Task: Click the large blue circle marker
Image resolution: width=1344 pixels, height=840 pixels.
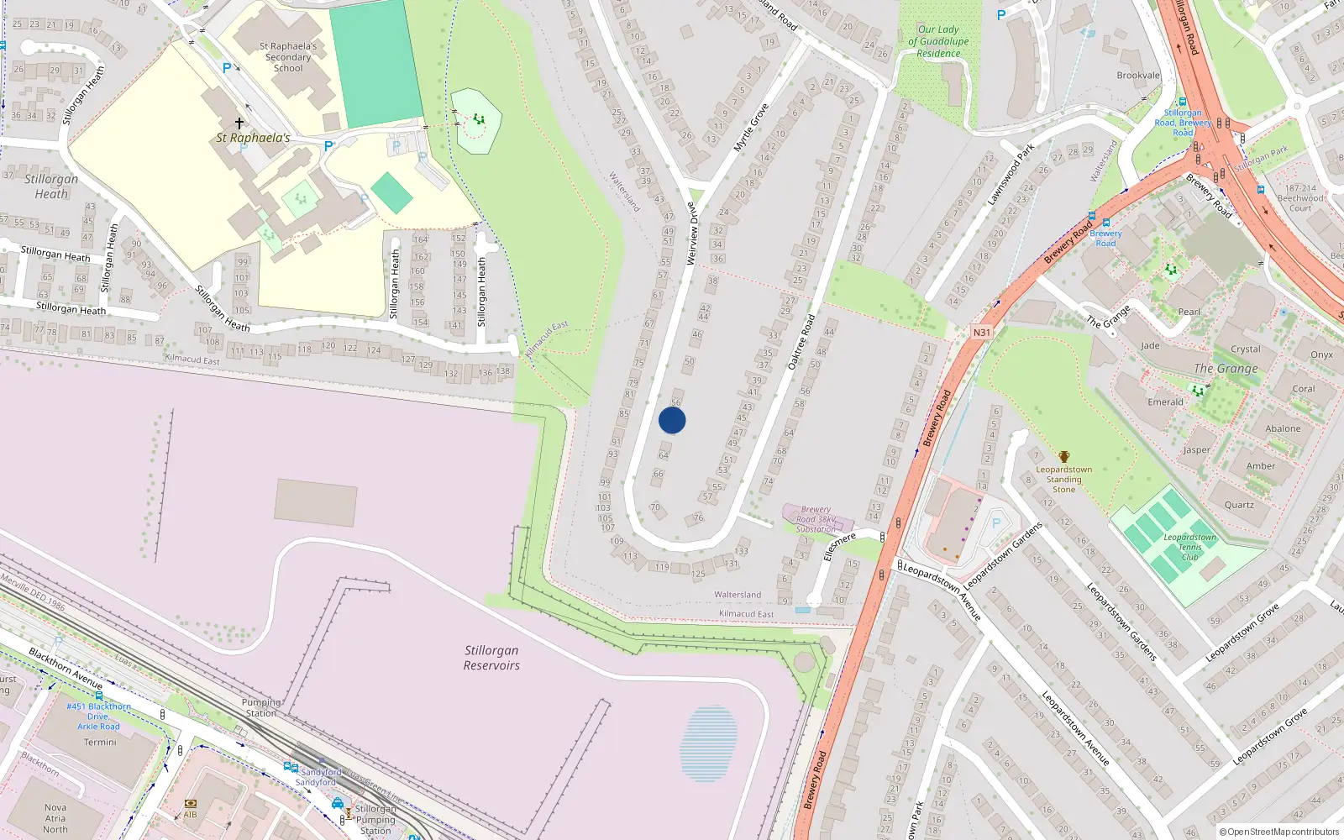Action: click(x=672, y=420)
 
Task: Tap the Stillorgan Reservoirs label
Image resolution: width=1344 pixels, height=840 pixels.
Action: click(x=491, y=658)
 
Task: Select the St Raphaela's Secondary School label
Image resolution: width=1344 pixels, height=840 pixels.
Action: click(x=288, y=57)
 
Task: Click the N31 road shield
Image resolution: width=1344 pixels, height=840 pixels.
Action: click(x=982, y=332)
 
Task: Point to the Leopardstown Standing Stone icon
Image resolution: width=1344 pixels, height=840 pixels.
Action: click(x=1064, y=457)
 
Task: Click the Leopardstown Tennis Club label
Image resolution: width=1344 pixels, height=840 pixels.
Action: click(x=1189, y=547)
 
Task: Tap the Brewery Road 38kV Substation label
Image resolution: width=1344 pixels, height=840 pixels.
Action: click(x=816, y=519)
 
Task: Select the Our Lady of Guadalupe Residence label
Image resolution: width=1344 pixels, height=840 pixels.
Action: click(x=938, y=41)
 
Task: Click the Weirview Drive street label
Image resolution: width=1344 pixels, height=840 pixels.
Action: click(x=692, y=234)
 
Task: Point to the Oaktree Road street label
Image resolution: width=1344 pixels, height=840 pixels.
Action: click(x=801, y=342)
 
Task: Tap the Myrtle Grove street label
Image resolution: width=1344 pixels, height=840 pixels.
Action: click(x=751, y=128)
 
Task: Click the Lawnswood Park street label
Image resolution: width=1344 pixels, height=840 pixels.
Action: click(x=1011, y=175)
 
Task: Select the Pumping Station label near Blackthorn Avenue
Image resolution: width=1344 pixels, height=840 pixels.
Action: click(x=261, y=707)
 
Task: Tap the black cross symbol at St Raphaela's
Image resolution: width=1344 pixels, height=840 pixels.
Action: click(x=239, y=123)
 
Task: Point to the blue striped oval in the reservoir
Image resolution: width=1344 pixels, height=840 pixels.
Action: click(x=709, y=743)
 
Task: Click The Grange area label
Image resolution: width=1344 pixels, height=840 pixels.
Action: click(x=1226, y=368)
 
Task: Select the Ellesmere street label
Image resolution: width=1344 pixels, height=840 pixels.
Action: click(x=839, y=546)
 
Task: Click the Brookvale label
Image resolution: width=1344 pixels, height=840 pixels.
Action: click(x=1138, y=76)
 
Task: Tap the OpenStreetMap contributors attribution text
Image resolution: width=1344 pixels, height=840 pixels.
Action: click(x=1279, y=832)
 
